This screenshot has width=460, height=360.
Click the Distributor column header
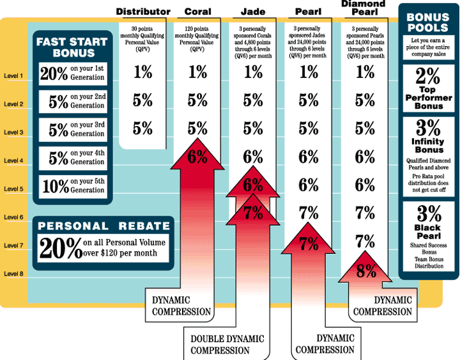(x=144, y=12)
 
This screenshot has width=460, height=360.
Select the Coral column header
(x=198, y=12)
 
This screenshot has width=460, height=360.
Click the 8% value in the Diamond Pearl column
(x=365, y=271)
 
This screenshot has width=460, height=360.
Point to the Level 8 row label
(x=13, y=274)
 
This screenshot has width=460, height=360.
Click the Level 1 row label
(x=13, y=76)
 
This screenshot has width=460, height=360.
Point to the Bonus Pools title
(x=428, y=23)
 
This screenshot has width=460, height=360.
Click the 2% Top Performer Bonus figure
(x=428, y=77)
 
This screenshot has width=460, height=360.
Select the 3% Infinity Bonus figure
(x=428, y=127)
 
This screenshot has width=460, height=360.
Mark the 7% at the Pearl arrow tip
(x=309, y=243)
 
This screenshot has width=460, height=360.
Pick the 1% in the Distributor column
(x=144, y=73)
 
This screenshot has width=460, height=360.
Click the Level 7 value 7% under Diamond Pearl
(x=365, y=242)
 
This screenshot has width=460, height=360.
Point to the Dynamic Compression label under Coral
(x=181, y=306)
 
